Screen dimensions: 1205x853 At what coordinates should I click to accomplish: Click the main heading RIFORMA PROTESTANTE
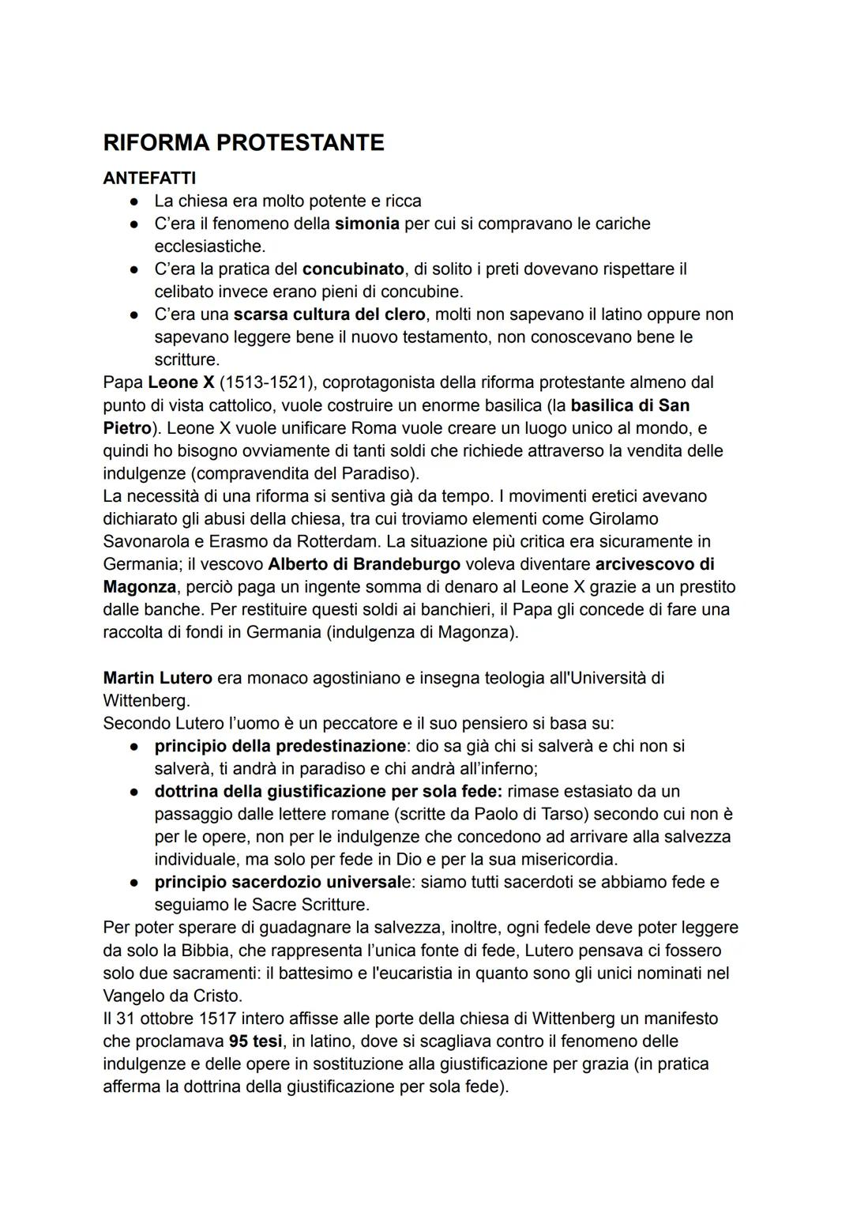pos(243,143)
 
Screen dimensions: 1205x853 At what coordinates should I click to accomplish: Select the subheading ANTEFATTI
pos(149,178)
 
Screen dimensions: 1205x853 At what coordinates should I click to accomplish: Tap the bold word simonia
pos(366,224)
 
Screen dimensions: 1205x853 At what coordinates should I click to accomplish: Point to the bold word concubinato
pos(353,269)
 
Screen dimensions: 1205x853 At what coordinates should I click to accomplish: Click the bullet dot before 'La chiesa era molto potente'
pos(135,201)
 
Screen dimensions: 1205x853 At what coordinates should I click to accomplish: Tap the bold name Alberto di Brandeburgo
pos(364,565)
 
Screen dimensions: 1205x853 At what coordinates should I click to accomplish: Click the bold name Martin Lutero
pos(157,678)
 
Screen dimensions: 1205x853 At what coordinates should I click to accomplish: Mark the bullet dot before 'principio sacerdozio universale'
pos(135,883)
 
